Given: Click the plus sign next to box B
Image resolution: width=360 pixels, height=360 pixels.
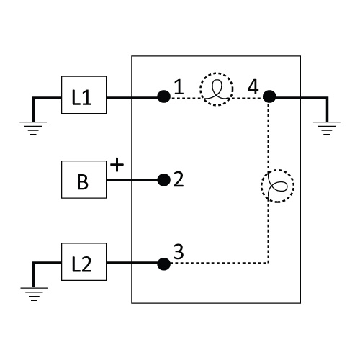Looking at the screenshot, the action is [117, 165].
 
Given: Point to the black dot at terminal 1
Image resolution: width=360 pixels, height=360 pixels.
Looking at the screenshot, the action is [164, 96].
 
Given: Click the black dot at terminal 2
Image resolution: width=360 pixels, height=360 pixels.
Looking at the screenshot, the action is [164, 180].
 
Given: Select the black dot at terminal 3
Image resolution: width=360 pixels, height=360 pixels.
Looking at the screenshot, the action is [164, 264].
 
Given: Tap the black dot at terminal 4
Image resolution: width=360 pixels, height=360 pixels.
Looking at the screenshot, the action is [269, 96].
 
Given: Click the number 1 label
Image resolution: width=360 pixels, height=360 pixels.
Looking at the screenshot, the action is [179, 87].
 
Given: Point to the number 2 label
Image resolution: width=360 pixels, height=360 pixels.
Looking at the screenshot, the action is [179, 179].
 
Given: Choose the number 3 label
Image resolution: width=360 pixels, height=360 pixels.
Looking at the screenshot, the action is [179, 252].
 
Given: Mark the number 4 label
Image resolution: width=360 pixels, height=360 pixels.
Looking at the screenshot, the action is [253, 87].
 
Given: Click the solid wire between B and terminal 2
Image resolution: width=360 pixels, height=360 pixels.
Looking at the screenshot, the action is [132, 180].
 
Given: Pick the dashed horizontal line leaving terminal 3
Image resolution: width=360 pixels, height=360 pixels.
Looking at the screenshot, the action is [220, 264].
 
